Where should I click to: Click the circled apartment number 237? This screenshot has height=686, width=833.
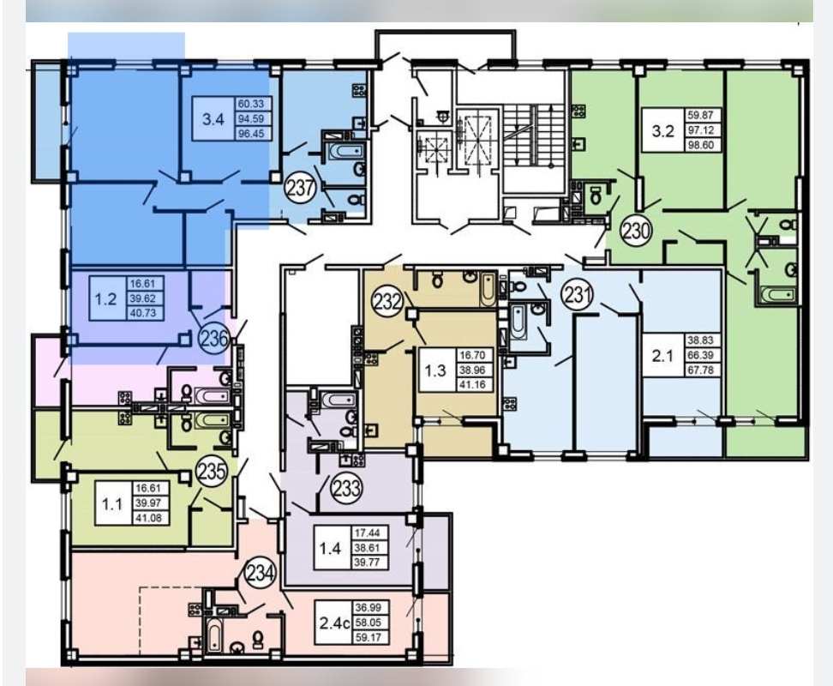tap(301, 188)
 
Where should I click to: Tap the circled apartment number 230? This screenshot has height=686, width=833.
tap(636, 232)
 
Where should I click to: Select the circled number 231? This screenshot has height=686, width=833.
tap(578, 294)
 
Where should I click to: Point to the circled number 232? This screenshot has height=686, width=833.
tap(387, 302)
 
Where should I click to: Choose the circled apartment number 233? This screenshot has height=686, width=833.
tap(346, 487)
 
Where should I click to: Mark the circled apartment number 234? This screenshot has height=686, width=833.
tap(261, 574)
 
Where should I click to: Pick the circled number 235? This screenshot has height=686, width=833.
tap(212, 471)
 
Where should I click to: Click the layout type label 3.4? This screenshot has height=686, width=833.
tap(213, 119)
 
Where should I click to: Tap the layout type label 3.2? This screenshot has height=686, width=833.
tap(663, 130)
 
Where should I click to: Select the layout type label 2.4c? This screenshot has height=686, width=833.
tap(335, 623)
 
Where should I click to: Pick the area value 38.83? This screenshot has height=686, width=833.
tap(701, 340)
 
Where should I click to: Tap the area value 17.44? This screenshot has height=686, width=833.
tap(367, 533)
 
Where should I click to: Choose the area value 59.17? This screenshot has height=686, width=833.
tap(369, 637)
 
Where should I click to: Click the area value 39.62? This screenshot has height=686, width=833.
tap(143, 298)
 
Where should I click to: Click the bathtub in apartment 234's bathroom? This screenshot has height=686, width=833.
tap(213, 635)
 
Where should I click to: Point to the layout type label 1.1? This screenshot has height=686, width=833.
tap(112, 503)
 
